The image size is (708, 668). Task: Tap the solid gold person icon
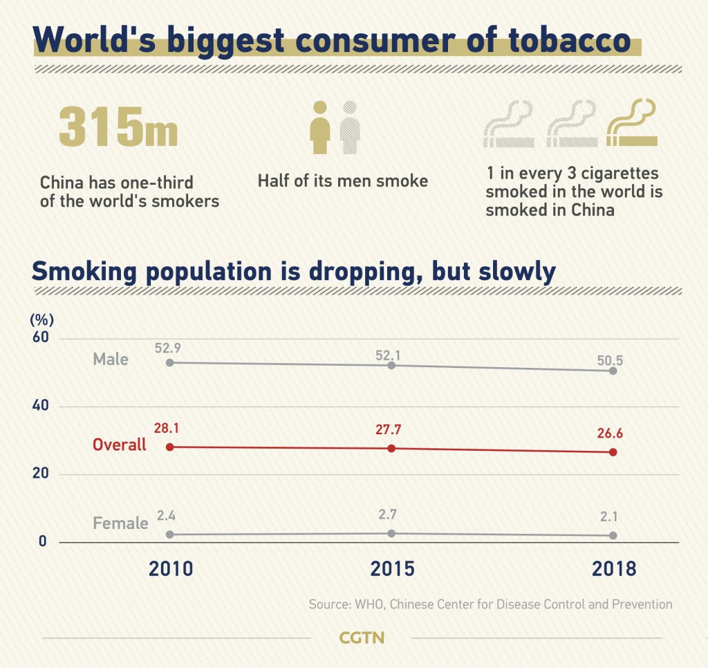point(319,128)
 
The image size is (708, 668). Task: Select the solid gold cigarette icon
point(631,124)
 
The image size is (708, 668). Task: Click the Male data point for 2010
point(169,362)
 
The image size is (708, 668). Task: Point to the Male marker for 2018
point(613,371)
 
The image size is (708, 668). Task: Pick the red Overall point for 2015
point(391,448)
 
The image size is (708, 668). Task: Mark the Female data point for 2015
point(391,533)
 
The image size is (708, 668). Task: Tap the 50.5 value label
point(611,360)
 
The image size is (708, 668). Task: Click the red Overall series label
point(120,445)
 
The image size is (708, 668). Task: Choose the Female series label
point(120,523)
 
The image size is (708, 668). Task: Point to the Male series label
point(111,359)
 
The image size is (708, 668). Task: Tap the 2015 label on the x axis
point(392,568)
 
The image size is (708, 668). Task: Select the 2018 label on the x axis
point(613,568)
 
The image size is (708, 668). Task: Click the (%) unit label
point(41,319)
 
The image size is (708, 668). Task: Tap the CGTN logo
point(362,638)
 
